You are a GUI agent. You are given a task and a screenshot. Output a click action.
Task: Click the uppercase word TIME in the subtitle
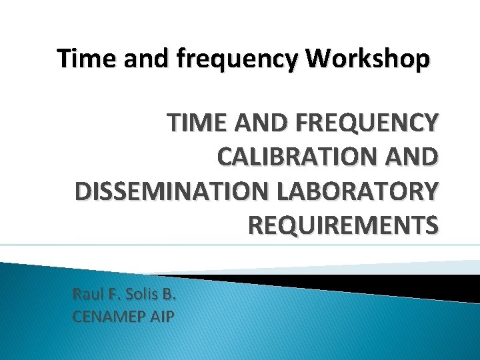click(x=193, y=123)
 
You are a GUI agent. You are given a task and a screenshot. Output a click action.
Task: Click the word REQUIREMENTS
click(x=343, y=225)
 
